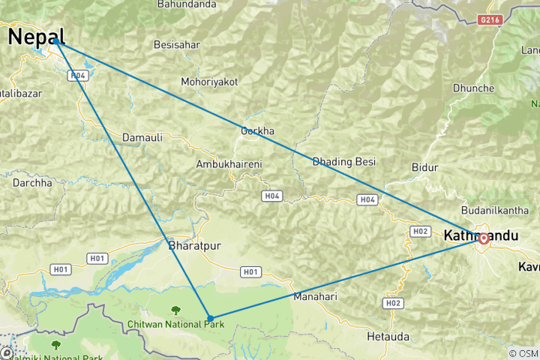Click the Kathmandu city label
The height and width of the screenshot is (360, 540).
tap(481, 235)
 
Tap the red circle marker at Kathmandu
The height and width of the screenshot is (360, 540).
tap(484, 238)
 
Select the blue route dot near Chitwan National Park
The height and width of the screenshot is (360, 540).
tap(210, 318)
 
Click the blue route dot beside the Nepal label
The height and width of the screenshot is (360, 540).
tap(56, 42)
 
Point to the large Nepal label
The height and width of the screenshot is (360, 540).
tap(36, 36)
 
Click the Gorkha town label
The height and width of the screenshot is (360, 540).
tap(257, 131)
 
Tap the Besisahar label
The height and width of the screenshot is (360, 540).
tap(177, 45)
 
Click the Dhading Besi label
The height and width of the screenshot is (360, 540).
tap(343, 161)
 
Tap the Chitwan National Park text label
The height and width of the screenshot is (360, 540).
tap(176, 323)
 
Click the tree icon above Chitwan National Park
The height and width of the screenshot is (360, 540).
tap(176, 310)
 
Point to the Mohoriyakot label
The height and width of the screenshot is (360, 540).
tap(209, 82)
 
